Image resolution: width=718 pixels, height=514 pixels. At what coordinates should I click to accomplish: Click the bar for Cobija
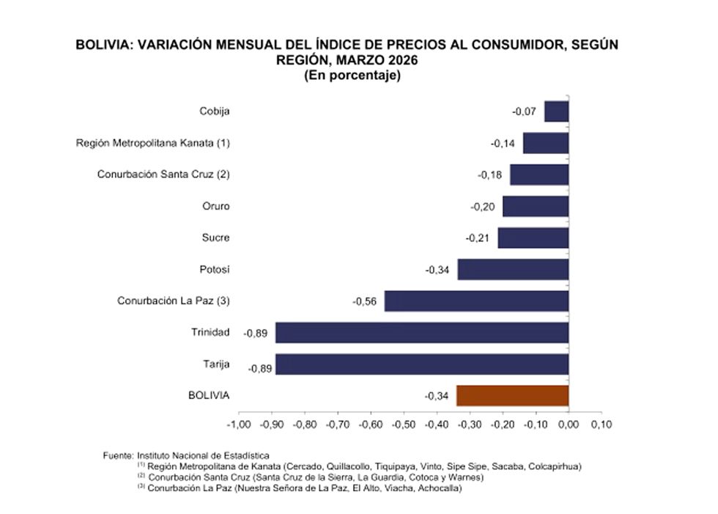[x=556, y=111]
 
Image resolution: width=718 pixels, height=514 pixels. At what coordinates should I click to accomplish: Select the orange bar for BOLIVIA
[x=512, y=396]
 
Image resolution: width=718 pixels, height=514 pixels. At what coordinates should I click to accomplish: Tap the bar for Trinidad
[x=422, y=333]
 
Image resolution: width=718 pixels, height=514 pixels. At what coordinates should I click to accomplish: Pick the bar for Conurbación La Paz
[x=476, y=301]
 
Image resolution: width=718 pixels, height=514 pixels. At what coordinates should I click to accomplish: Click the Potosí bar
[x=513, y=270]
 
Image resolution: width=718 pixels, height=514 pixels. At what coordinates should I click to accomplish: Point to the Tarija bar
[x=422, y=364]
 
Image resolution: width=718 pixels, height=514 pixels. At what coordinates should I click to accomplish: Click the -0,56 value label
[x=364, y=301]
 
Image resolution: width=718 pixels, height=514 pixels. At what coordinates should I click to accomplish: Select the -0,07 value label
[x=524, y=112]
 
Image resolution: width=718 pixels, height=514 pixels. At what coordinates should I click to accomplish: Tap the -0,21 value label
[x=478, y=238]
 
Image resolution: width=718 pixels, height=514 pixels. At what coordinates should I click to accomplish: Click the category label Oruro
[x=215, y=206]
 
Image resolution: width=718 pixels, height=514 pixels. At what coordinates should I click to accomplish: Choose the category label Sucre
[x=215, y=238]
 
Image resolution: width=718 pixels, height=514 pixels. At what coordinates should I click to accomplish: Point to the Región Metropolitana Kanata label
[x=153, y=143]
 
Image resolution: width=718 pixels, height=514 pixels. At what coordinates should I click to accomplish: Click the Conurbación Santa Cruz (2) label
[x=163, y=175]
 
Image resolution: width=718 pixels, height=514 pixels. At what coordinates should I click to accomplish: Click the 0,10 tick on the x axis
[x=602, y=425]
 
